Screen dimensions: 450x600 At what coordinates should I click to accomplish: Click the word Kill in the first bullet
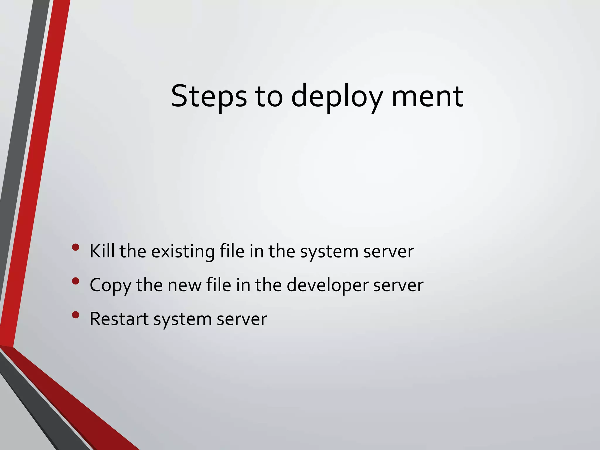(102, 251)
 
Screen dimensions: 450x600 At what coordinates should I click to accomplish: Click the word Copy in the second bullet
(110, 285)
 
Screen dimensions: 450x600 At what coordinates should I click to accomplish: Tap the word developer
(327, 285)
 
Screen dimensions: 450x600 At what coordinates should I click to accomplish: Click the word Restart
(119, 319)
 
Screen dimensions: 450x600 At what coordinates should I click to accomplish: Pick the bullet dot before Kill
(75, 248)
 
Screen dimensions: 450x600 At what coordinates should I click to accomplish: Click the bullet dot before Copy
(75, 281)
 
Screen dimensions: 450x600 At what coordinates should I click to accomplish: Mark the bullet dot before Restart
(75, 315)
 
